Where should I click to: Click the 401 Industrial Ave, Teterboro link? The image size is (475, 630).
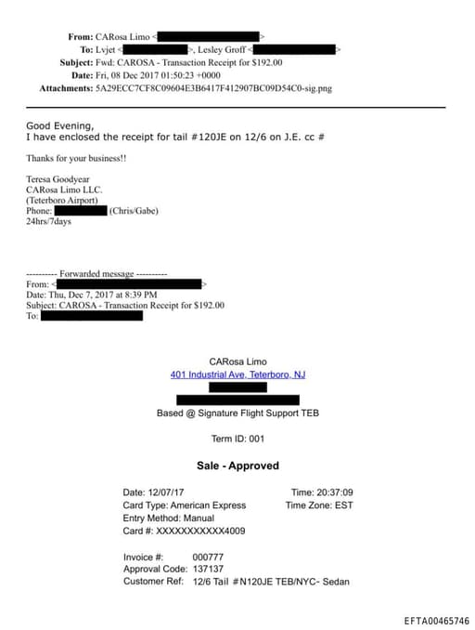click(x=237, y=374)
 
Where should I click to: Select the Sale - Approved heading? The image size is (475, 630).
click(x=237, y=466)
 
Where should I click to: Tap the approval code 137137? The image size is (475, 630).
click(x=208, y=569)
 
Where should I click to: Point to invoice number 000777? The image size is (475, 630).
click(x=208, y=557)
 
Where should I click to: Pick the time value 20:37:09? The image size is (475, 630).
click(x=334, y=492)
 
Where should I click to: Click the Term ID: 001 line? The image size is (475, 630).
click(x=237, y=439)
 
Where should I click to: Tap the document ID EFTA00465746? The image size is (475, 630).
click(x=436, y=620)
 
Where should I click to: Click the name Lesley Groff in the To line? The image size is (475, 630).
click(x=223, y=48)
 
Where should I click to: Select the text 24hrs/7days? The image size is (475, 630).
click(x=48, y=222)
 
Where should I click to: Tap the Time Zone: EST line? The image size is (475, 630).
click(x=319, y=505)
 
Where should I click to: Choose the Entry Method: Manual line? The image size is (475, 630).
click(x=168, y=518)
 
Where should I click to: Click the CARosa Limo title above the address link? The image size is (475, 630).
click(x=237, y=361)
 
